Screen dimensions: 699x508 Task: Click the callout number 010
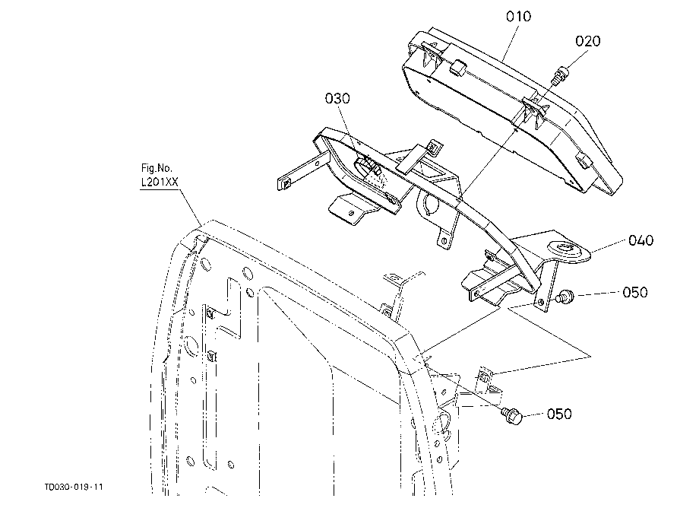point(518,17)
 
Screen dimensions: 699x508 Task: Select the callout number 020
point(587,41)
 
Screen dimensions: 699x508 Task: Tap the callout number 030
point(337,98)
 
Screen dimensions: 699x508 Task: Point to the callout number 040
point(640,240)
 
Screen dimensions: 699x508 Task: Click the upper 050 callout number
point(635,293)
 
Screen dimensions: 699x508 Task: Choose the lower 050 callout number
point(559,414)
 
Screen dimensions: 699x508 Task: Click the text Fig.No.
point(157,168)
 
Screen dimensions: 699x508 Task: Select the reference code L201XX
point(160,182)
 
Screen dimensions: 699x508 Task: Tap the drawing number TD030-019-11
point(74,487)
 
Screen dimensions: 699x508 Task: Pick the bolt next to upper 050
point(566,296)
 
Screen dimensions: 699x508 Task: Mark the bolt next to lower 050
point(512,416)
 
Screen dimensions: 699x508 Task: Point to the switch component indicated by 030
point(370,167)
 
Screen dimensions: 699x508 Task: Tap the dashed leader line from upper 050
point(598,294)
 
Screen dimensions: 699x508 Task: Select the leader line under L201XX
point(191,208)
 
